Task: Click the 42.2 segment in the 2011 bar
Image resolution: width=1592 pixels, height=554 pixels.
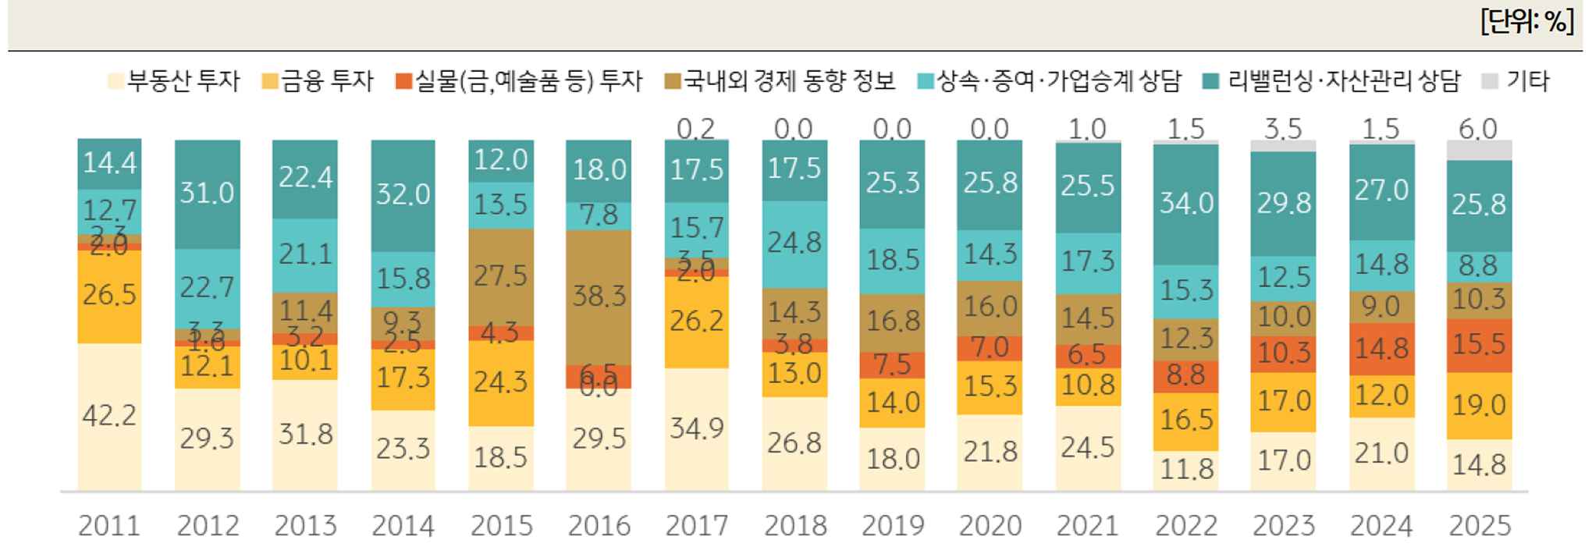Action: coord(109,416)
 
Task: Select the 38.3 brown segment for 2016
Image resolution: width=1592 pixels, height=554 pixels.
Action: coord(599,297)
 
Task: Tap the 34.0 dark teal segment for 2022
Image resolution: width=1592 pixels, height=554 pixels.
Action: coord(1185,204)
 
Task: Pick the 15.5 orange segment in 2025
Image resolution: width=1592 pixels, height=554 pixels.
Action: coord(1479,345)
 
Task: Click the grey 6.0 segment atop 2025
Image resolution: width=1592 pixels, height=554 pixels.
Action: coord(1479,150)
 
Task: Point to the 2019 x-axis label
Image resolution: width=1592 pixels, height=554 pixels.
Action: coord(892,526)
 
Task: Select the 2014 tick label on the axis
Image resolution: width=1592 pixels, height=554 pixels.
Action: coord(403,526)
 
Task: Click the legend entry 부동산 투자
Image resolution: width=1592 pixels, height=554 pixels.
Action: coord(173,81)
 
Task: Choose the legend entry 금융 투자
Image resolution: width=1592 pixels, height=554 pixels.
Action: coord(318,81)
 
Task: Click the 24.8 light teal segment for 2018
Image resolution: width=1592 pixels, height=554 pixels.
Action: coord(794,243)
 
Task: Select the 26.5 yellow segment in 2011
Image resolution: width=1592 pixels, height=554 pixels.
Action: coord(109,296)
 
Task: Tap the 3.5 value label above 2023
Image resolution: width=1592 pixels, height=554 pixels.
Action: coord(1283,129)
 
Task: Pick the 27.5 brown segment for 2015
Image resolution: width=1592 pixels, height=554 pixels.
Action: coord(501,276)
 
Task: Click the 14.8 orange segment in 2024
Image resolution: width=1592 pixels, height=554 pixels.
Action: coord(1381,349)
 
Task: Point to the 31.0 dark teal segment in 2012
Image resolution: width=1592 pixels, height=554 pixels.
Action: coord(208,194)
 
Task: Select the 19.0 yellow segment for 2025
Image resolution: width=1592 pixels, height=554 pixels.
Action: coord(1479,406)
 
